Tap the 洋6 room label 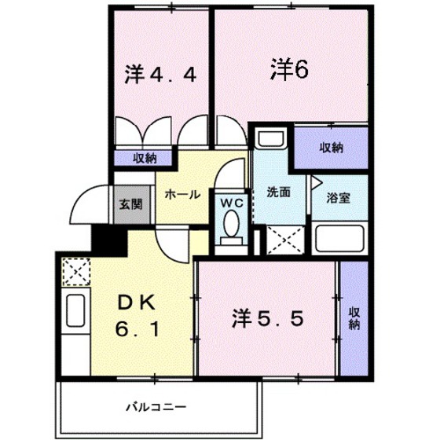click(x=290, y=70)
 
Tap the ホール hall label click(x=182, y=194)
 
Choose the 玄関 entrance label click(x=130, y=204)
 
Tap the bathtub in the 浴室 click(x=339, y=237)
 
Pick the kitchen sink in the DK click(x=76, y=312)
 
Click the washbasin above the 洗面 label click(x=269, y=140)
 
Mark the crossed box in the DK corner click(x=75, y=270)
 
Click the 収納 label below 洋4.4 click(x=143, y=157)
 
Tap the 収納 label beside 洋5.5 click(x=354, y=315)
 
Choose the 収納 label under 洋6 click(x=331, y=147)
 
